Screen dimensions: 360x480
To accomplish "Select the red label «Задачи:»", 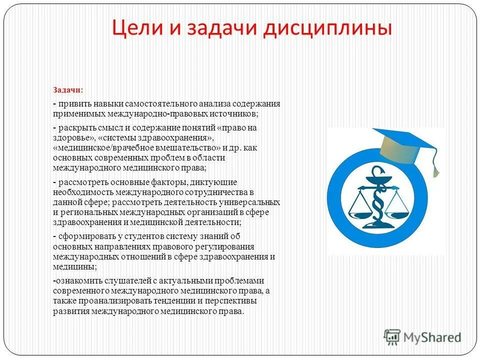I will pos(68,90).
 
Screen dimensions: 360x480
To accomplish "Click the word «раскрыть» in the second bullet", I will pos(75,128).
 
